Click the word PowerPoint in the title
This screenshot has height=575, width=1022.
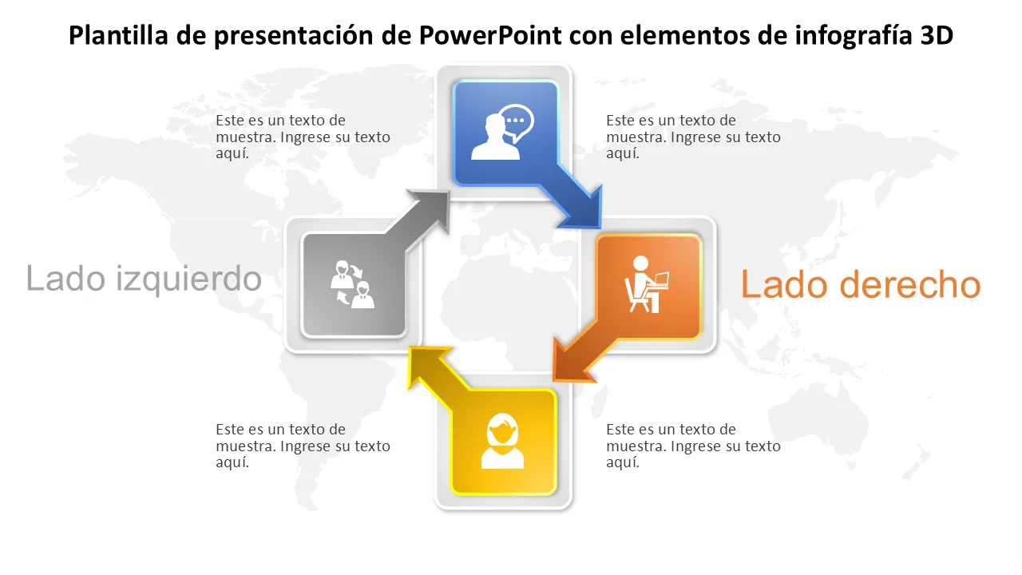[x=490, y=35]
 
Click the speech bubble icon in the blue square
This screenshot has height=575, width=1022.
[x=516, y=123]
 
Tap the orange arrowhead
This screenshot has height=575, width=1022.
[x=571, y=362]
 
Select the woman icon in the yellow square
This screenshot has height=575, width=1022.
[x=502, y=441]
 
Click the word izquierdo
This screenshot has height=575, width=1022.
[x=188, y=280]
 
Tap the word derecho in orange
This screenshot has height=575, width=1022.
[x=910, y=285]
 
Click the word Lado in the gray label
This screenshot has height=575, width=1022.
[x=65, y=279]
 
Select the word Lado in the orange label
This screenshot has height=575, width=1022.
[x=784, y=284]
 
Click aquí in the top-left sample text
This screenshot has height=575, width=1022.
[x=232, y=154]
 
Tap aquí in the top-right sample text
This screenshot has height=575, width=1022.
[x=623, y=154]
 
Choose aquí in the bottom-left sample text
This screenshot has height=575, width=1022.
[x=232, y=462]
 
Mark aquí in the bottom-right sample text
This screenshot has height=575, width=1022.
[x=623, y=462]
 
